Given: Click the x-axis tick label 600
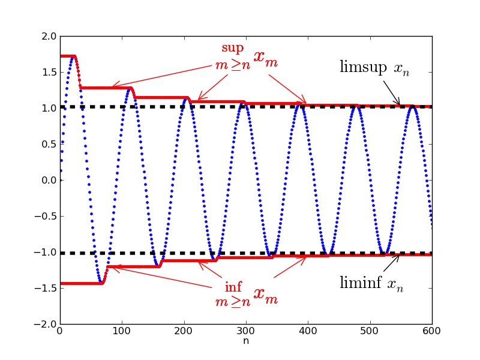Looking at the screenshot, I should pos(432,331).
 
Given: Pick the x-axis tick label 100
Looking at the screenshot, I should pos(122,331).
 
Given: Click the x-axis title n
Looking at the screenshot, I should pos(246,341).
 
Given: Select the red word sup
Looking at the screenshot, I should pos(233,47).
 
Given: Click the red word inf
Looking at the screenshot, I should pos(233,287).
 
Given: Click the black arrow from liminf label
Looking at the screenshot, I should pos(389,264).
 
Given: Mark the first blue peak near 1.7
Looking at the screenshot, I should pos(72,56).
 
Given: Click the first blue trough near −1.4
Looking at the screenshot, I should pos(101,283).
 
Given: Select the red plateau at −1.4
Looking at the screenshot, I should pos(78,283).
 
